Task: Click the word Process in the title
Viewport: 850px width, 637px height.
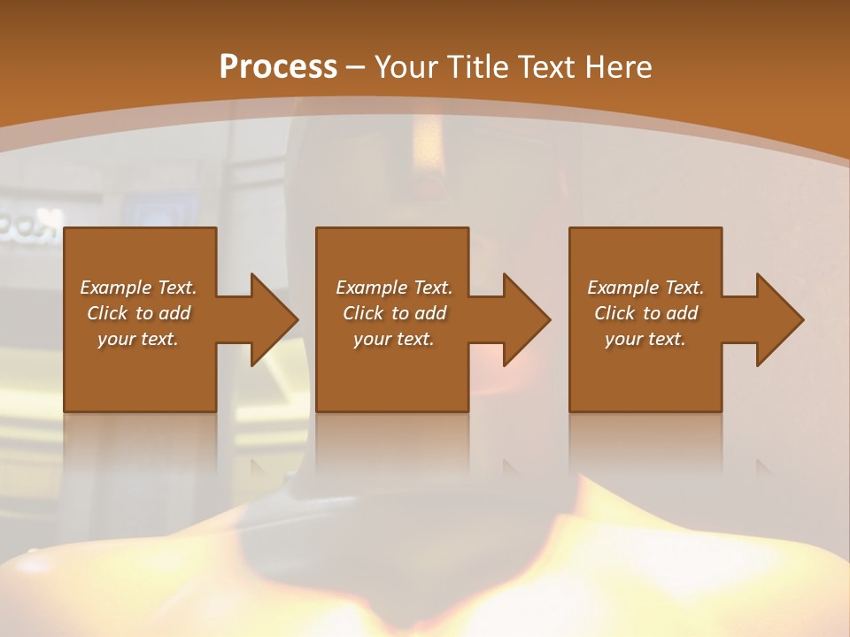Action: tap(278, 66)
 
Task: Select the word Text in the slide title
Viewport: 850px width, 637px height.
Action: tap(545, 66)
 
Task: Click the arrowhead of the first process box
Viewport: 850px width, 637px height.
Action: tap(274, 319)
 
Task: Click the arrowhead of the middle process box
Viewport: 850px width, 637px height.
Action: tap(527, 319)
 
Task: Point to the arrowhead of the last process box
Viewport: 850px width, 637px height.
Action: tap(780, 319)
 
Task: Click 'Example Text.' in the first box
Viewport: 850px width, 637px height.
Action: tap(138, 288)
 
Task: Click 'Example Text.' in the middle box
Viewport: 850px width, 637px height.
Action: tap(394, 288)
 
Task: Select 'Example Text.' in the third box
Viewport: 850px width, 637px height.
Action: tap(645, 288)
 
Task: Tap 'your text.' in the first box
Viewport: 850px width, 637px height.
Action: tap(138, 339)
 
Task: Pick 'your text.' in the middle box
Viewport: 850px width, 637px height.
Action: tap(394, 339)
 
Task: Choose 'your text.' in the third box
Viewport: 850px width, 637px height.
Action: tap(645, 339)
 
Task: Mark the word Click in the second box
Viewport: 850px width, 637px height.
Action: tap(364, 313)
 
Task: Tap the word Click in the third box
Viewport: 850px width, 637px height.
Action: tap(615, 313)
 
